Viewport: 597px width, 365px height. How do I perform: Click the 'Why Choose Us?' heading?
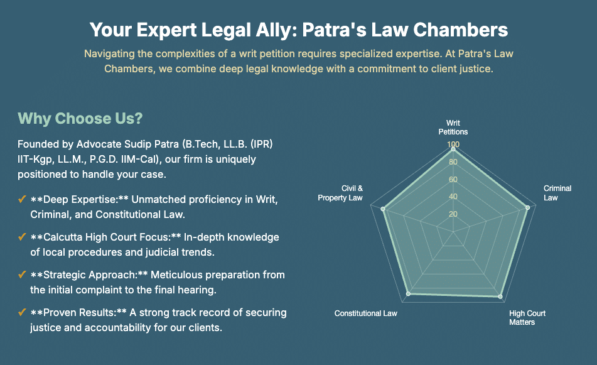80,118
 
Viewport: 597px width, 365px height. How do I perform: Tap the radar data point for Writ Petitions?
453,150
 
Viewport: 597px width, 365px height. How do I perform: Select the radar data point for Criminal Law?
527,207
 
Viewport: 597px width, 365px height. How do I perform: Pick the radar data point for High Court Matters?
500,297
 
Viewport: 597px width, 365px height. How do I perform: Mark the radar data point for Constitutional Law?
409,293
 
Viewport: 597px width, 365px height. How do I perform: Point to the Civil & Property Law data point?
382,208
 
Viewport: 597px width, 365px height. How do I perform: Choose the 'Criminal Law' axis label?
557,193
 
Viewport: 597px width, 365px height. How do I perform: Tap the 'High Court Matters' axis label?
527,318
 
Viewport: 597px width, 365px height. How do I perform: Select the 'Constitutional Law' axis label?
366,313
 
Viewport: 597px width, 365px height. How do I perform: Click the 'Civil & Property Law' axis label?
340,193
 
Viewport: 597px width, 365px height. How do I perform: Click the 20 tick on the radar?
453,214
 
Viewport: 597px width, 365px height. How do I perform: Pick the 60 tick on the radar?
453,180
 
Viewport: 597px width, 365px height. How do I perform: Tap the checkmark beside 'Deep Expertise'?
22,200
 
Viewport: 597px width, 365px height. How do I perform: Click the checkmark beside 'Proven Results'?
22,312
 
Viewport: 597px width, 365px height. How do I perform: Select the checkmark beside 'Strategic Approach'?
22,275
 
